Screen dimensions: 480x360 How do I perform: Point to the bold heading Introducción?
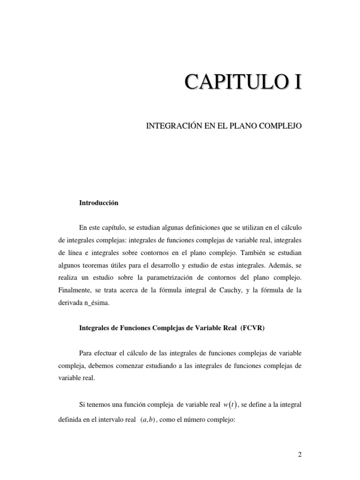[99, 203]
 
